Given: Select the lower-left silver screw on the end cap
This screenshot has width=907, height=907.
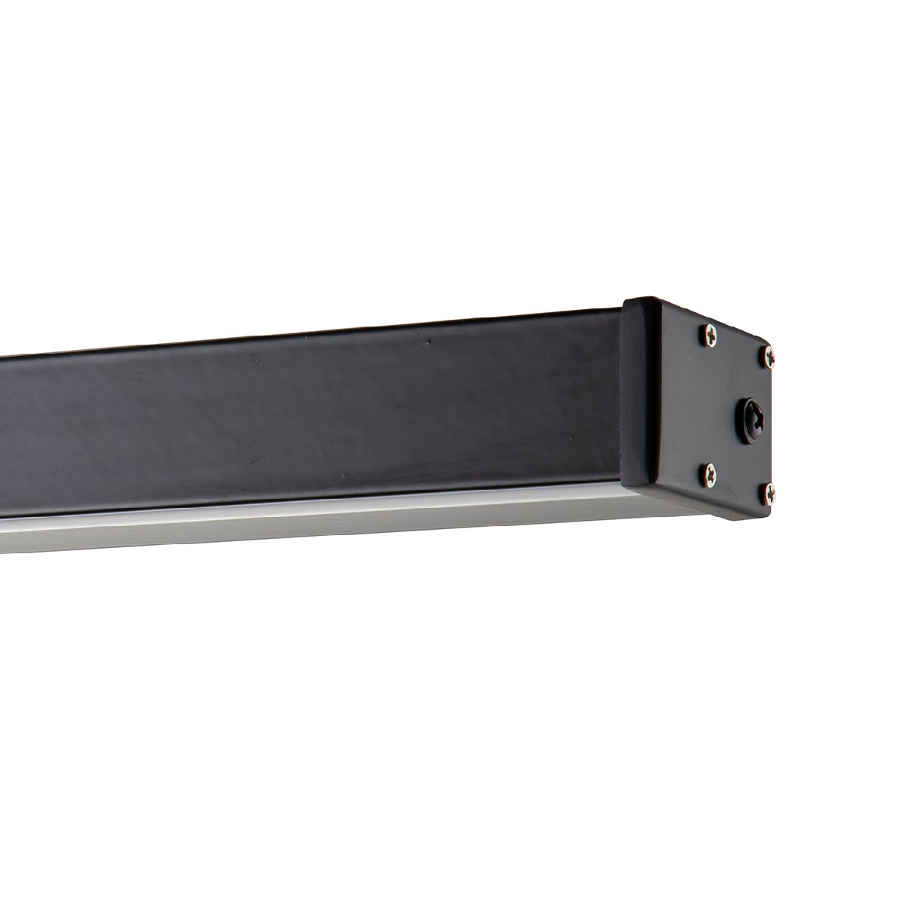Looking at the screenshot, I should pyautogui.click(x=708, y=473).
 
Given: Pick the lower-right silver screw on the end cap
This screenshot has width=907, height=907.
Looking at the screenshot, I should pyautogui.click(x=768, y=492).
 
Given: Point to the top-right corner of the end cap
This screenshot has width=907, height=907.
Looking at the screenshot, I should pyautogui.click(x=779, y=349).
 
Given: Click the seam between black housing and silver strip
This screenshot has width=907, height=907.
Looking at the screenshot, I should pyautogui.click(x=302, y=501).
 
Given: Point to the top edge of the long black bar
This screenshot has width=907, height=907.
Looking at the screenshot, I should pyautogui.click(x=302, y=337).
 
